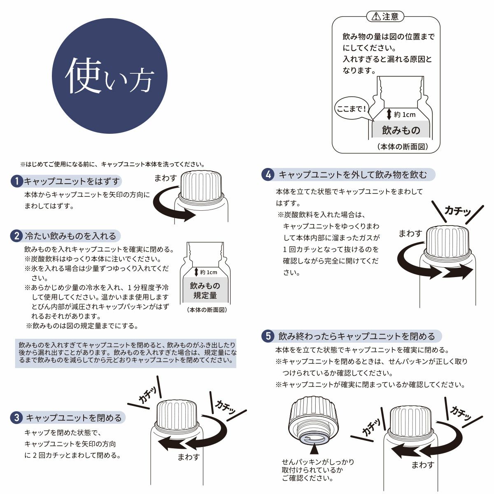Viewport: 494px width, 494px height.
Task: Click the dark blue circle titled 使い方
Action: pyautogui.click(x=110, y=77)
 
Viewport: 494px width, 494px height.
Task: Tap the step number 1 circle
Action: pyautogui.click(x=16, y=182)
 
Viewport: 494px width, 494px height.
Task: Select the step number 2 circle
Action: pyautogui.click(x=16, y=236)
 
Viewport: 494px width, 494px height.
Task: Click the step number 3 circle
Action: pyautogui.click(x=16, y=418)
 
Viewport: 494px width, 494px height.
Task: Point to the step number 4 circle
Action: pyautogui.click(x=268, y=175)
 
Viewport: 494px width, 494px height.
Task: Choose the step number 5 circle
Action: pyautogui.click(x=268, y=336)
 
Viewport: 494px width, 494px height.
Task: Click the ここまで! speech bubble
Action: pyautogui.click(x=351, y=109)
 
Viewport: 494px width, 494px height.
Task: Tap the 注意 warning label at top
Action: pyautogui.click(x=385, y=16)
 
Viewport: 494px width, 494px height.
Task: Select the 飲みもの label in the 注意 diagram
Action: pyautogui.click(x=401, y=130)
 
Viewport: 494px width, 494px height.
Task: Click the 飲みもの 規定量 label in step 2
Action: pyautogui.click(x=205, y=290)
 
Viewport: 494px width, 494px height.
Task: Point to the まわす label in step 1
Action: pyautogui.click(x=165, y=178)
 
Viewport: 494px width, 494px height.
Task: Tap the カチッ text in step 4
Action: pyautogui.click(x=457, y=211)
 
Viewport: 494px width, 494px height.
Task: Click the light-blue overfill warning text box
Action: pyautogui.click(x=126, y=352)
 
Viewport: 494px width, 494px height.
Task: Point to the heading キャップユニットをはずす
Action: pyautogui.click(x=72, y=182)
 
